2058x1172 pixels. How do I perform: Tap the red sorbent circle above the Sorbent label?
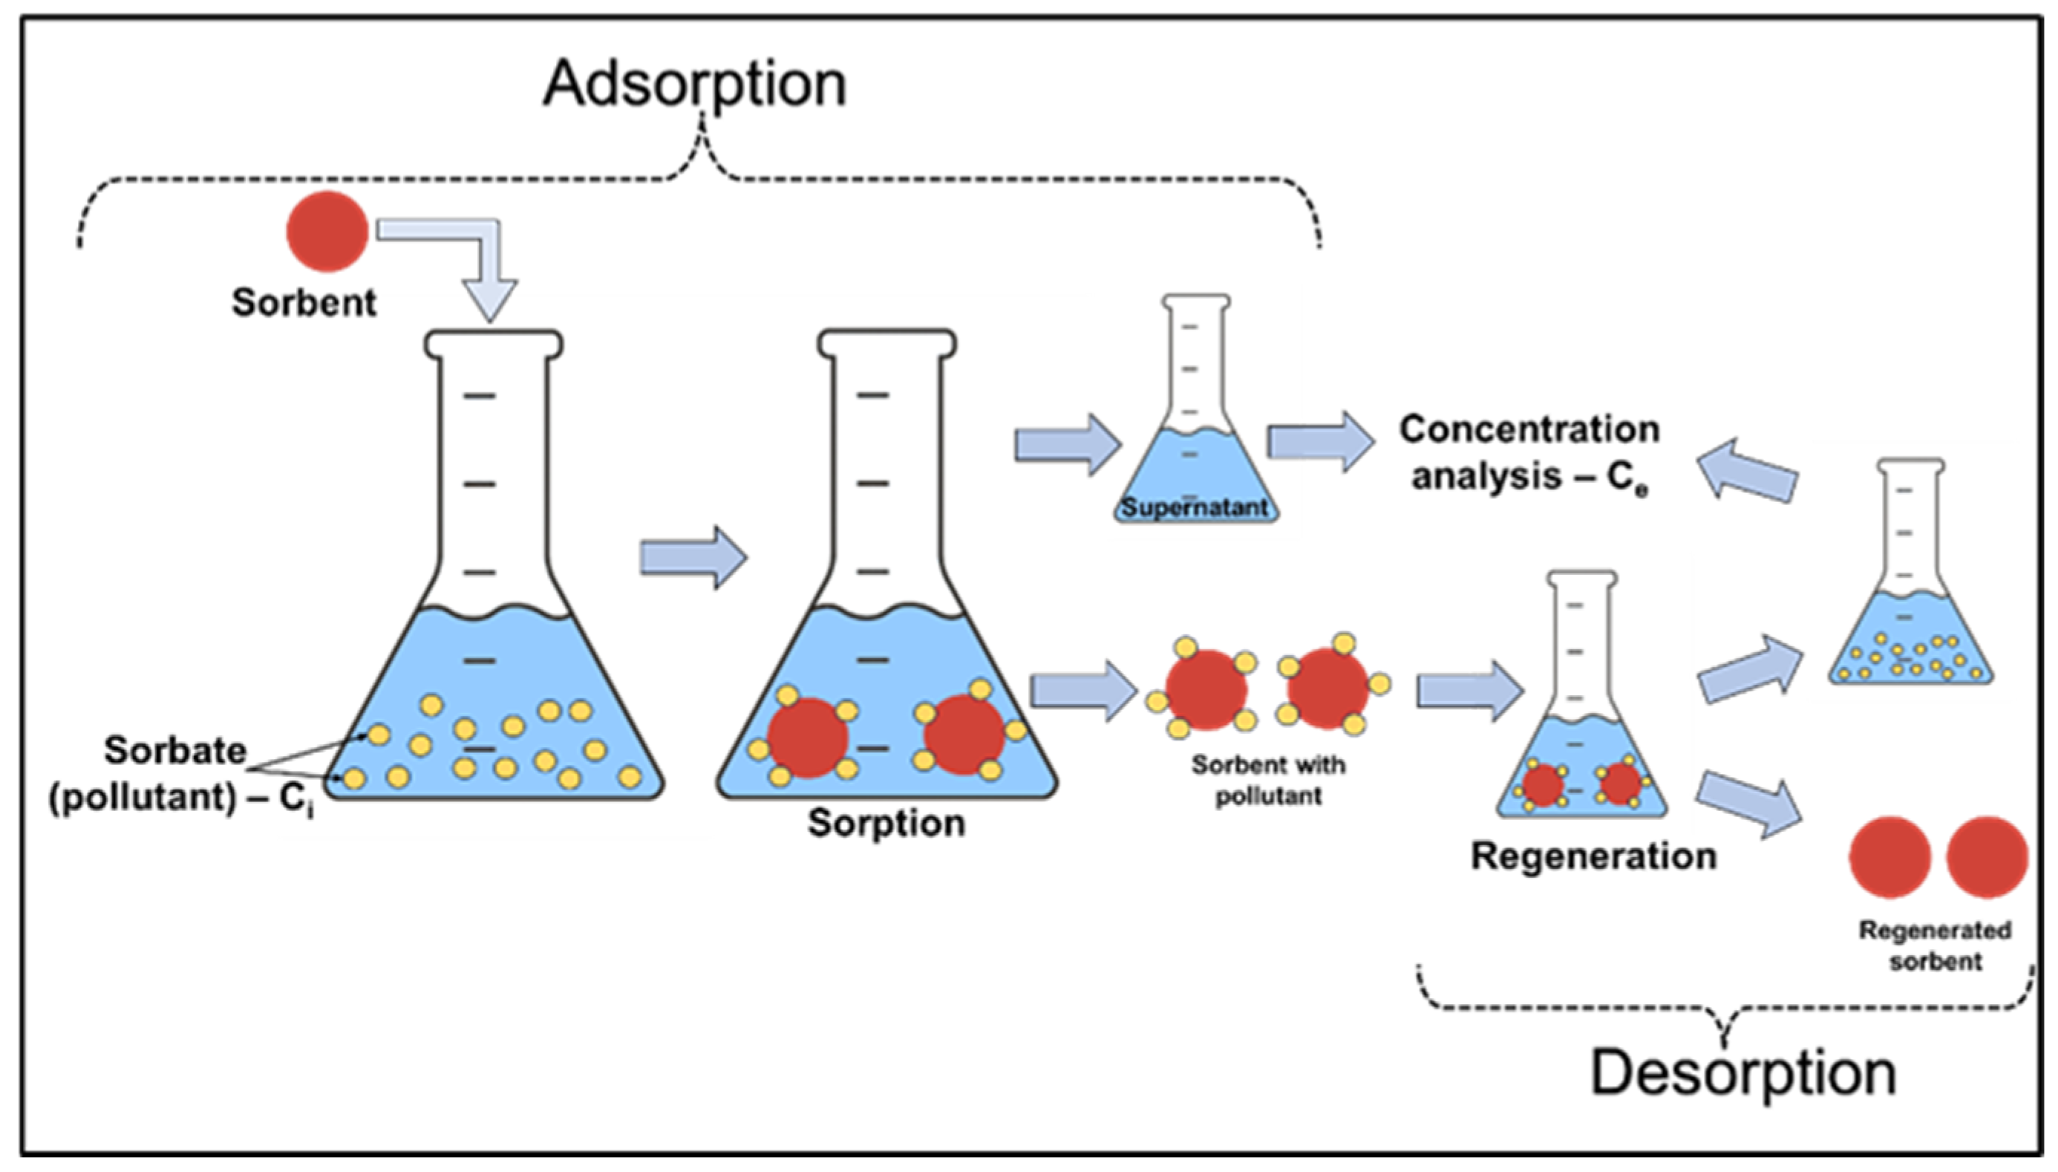tap(327, 231)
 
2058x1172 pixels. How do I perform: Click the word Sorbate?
tap(174, 751)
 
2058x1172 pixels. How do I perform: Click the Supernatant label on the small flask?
tap(1195, 508)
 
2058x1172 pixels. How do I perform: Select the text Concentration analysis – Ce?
tap(1529, 454)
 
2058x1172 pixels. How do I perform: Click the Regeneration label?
tap(1594, 857)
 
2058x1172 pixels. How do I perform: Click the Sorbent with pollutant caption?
tap(1268, 780)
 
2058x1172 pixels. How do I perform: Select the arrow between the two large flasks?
tap(693, 558)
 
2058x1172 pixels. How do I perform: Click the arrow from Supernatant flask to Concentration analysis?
tap(1321, 441)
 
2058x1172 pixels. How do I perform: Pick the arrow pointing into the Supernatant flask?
tap(1068, 444)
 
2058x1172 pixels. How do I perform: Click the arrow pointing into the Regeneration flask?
tap(1470, 691)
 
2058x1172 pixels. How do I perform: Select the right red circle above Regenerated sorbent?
tap(1987, 857)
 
